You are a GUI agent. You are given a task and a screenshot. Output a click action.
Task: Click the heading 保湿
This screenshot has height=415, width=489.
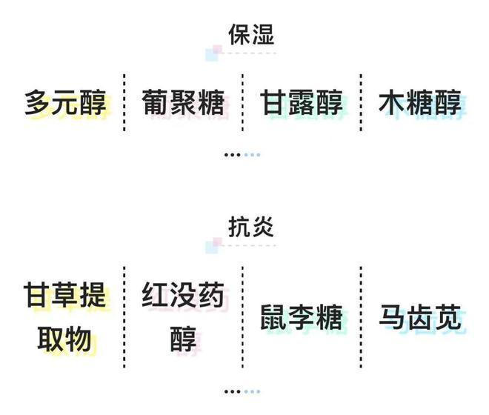point(251,34)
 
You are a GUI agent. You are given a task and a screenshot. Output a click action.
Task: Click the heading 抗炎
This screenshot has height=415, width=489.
point(251,227)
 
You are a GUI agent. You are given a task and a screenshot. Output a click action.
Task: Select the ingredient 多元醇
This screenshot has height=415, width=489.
point(65,102)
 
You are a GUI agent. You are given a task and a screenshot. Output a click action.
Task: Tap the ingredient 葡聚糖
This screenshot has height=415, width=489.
point(184,102)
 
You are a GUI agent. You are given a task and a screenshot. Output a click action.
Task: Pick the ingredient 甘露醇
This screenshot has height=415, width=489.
point(302,102)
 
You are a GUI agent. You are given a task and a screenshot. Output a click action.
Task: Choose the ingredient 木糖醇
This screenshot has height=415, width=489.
point(420,102)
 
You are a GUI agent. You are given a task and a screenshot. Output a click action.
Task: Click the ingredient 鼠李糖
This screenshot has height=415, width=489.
point(302,317)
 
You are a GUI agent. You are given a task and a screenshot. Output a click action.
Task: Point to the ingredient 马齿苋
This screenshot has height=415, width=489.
point(420,317)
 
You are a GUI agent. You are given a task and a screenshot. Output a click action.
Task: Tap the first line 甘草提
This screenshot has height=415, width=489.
point(65,294)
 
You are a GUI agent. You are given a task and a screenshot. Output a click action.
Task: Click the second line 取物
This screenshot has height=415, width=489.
point(65,339)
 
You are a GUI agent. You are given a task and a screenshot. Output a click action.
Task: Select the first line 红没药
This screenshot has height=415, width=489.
point(184,294)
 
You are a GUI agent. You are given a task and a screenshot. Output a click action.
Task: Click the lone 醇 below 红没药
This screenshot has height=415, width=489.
point(184,339)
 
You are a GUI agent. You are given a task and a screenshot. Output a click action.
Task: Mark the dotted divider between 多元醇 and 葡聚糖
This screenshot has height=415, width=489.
point(124,102)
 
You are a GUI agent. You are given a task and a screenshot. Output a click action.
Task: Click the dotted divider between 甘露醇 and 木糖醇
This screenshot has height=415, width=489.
point(361,102)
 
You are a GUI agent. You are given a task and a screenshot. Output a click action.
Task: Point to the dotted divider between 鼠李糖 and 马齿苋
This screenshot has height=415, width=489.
point(361,316)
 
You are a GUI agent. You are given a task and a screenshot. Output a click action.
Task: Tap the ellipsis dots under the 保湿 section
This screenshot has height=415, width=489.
point(242,155)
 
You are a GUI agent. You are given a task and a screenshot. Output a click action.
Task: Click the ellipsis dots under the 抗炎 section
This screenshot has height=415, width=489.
point(242,391)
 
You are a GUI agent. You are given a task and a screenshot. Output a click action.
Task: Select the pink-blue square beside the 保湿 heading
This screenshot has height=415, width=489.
point(214,53)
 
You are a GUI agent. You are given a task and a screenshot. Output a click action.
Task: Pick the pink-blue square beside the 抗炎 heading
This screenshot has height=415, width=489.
point(214,245)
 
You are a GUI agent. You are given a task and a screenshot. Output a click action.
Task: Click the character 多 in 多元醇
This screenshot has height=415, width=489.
point(38,102)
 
